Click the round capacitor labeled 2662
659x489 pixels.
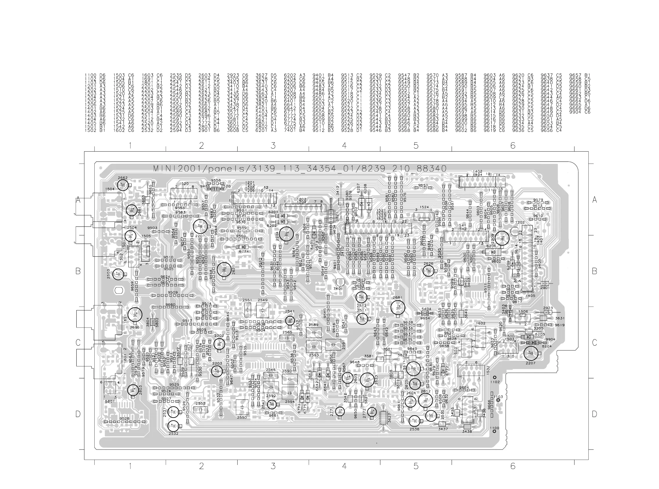[x=123, y=186]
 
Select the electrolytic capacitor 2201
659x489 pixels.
[x=200, y=226]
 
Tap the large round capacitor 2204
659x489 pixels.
[x=286, y=234]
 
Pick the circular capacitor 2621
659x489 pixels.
[x=224, y=269]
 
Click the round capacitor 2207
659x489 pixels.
[x=531, y=353]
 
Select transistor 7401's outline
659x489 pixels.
[x=340, y=282]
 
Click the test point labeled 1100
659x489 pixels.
[x=494, y=432]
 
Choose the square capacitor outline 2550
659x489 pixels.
[x=242, y=407]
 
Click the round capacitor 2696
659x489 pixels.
[x=135, y=315]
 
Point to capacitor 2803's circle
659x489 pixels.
[x=133, y=390]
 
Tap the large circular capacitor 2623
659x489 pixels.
[x=367, y=380]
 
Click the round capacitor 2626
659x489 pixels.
[x=428, y=271]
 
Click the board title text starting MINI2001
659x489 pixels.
[x=300, y=168]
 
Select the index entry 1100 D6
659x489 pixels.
[x=95, y=75]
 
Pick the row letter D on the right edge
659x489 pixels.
[x=594, y=414]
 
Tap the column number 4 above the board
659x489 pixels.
[x=344, y=145]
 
